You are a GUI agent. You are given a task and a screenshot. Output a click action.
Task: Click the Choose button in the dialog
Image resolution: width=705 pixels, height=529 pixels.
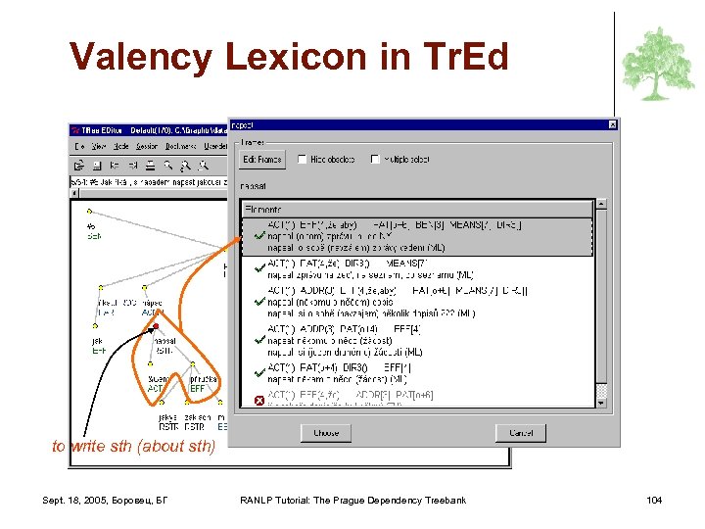326,432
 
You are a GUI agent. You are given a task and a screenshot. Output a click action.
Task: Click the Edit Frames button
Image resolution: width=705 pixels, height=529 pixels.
261,159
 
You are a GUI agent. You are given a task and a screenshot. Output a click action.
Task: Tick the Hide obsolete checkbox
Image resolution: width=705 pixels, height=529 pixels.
303,159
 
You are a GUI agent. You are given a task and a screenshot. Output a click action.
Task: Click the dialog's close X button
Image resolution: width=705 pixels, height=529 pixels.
612,124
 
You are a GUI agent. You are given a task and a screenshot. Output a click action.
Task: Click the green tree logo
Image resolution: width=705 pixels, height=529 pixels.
658,64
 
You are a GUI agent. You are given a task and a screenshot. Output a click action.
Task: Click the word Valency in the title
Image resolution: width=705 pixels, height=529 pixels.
137,57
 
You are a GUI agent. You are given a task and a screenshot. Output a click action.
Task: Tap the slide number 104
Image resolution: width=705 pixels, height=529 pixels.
654,501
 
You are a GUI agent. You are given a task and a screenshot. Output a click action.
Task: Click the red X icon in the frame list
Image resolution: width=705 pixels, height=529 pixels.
258,400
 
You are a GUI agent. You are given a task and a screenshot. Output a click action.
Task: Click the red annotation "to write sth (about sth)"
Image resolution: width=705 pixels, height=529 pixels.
133,447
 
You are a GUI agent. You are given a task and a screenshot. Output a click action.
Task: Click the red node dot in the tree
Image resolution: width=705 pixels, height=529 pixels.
156,326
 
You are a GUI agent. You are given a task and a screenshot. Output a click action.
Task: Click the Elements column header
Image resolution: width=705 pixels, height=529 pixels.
264,209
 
